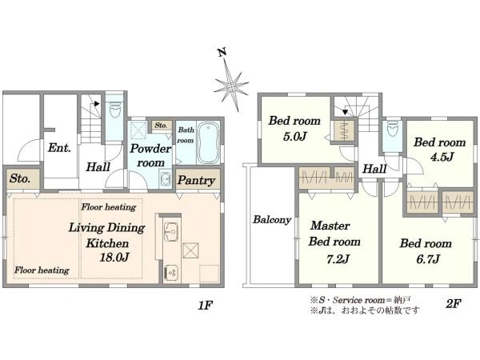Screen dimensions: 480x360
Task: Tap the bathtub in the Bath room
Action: pos(209,143)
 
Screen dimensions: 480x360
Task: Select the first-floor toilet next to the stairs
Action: pos(115,110)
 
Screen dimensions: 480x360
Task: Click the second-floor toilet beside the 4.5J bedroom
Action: pos(392,129)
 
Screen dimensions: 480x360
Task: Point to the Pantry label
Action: pos(196,180)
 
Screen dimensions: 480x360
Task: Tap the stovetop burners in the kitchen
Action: pos(171,272)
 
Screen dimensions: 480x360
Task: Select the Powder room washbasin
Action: pos(166,178)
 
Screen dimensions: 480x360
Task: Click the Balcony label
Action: pos(272,220)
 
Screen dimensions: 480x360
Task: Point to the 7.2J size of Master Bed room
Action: pos(338,259)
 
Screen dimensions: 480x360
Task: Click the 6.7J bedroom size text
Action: pos(428,259)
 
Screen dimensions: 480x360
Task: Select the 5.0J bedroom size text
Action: pos(294,136)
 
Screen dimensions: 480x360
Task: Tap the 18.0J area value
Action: pos(114,257)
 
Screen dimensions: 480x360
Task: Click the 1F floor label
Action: pos(205,305)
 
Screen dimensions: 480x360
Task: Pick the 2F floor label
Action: pos(453,304)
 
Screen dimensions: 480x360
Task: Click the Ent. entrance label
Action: pos(59,148)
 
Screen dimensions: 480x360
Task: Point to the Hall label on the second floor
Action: pos(374,169)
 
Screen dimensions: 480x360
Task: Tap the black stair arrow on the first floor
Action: pos(97,104)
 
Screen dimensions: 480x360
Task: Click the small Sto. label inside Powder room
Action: pos(161,126)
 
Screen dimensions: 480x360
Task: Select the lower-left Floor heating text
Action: pos(42,270)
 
